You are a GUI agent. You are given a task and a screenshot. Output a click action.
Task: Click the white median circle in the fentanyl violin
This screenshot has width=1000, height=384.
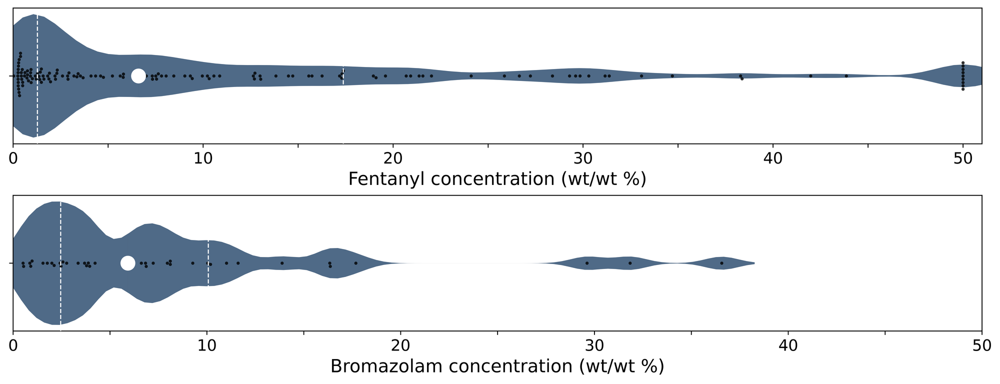[138, 76]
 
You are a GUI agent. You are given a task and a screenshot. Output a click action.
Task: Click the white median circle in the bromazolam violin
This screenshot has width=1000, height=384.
[128, 263]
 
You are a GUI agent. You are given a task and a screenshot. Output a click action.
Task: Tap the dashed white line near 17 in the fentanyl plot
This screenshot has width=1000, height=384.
[343, 76]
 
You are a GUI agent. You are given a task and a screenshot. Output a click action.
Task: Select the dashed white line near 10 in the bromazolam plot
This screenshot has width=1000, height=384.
[208, 263]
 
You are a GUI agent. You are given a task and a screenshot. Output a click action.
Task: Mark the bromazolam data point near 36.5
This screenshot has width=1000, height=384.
[721, 263]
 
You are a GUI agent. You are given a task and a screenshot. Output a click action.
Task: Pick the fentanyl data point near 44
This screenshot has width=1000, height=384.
[846, 76]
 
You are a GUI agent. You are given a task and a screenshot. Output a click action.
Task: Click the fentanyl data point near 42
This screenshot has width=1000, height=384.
[810, 76]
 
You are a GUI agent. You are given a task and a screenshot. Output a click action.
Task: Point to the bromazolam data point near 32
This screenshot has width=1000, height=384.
[630, 263]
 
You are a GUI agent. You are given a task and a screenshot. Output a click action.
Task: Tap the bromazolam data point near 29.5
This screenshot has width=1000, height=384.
[587, 263]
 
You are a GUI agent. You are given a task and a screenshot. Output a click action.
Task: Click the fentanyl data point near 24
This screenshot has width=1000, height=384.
[471, 76]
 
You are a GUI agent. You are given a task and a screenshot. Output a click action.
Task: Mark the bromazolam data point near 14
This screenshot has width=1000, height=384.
[282, 263]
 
